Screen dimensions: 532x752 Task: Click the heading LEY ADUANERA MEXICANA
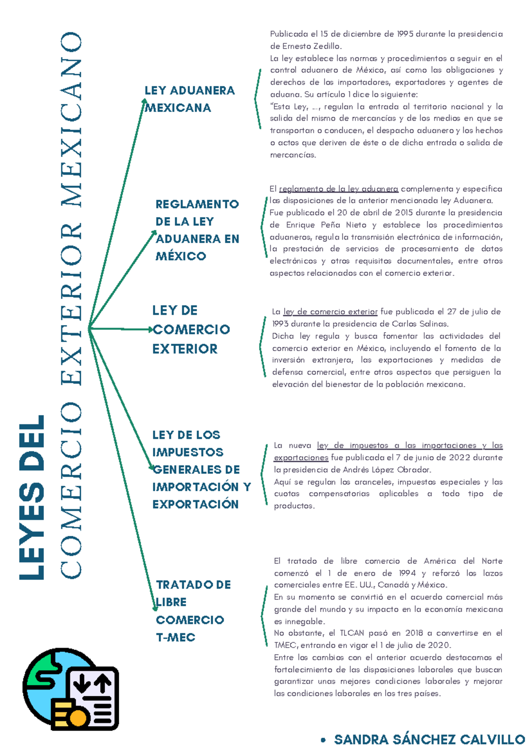pos(189,99)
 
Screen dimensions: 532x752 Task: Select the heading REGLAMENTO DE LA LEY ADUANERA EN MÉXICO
pos(197,230)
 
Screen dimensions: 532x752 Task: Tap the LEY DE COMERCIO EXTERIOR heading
pos(191,329)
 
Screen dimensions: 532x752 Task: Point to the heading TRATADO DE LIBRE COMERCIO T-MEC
pos(193,611)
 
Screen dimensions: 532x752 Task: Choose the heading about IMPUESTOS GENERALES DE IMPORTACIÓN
pos(201,469)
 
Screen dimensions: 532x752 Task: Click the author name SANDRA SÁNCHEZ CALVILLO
pos(429,740)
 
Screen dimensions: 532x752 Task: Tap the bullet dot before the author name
pos(323,740)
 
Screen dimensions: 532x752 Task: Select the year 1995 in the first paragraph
pos(405,34)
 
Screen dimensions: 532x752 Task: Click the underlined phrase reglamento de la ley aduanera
pos(339,189)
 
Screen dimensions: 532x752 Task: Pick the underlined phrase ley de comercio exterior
pos(330,312)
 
